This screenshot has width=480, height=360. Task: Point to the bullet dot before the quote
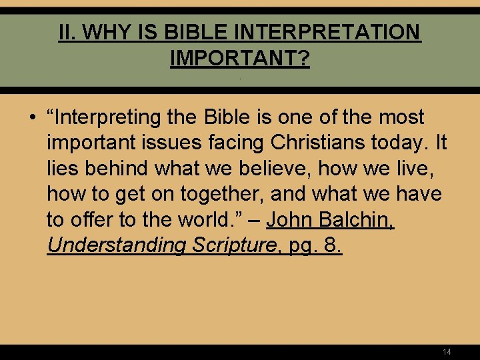32,118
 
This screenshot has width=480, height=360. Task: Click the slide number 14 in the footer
447,351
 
